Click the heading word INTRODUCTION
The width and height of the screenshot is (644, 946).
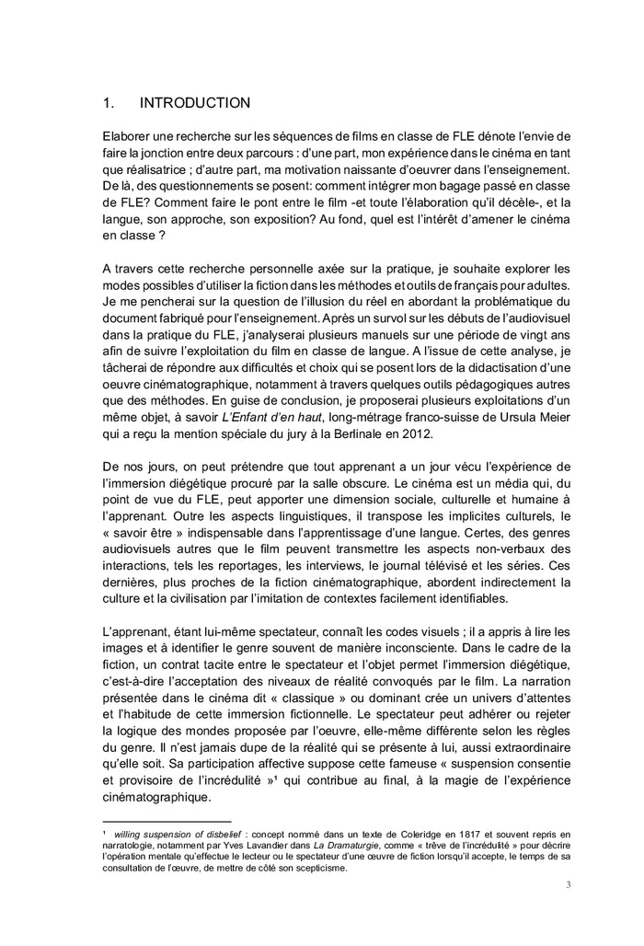point(194,103)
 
